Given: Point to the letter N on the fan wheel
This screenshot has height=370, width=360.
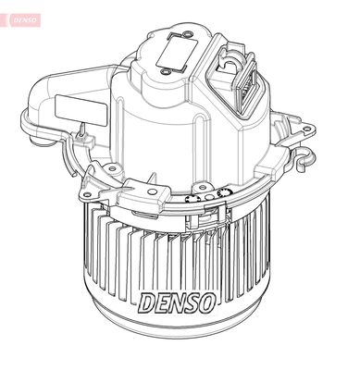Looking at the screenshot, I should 176,302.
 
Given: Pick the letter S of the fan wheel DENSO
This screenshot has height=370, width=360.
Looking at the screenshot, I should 192,302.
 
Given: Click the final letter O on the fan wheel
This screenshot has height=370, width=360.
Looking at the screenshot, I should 208,302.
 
